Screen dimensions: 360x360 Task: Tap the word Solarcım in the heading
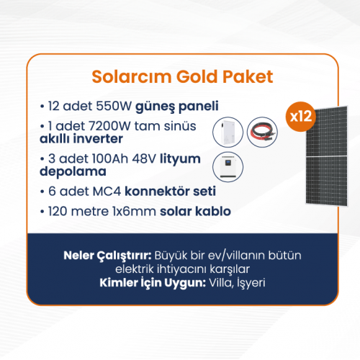[x=132, y=77]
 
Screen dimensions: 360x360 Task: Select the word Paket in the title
[x=248, y=77]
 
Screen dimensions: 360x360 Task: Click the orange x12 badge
[x=300, y=117]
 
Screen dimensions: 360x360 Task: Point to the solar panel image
[x=327, y=156]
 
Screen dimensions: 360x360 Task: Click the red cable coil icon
[x=262, y=132]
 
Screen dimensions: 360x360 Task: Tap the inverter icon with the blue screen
[x=228, y=167]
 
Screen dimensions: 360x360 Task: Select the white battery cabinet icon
[x=228, y=132]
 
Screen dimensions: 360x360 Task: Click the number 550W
[x=114, y=106]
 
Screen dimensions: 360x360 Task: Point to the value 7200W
[x=109, y=126]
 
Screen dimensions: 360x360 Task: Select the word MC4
[x=107, y=192]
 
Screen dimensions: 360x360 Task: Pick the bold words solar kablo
[x=195, y=212]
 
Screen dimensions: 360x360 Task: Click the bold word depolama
[x=73, y=171]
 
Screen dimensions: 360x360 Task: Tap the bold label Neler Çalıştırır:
[x=107, y=256]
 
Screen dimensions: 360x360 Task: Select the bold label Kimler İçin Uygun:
[x=153, y=283]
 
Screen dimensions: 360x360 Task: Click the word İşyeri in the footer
[x=251, y=283]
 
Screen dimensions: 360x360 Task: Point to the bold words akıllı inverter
[x=81, y=139]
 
